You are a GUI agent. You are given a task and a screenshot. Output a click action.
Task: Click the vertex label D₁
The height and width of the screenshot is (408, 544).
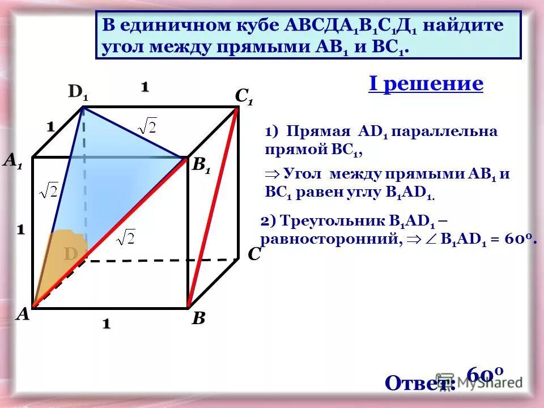(x=78, y=93)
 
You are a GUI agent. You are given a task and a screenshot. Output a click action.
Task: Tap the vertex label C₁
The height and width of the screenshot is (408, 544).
(x=244, y=97)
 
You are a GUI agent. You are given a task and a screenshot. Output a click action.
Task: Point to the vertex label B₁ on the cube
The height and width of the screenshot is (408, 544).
(x=201, y=165)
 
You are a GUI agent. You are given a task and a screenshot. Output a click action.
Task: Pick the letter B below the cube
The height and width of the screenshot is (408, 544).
(x=198, y=318)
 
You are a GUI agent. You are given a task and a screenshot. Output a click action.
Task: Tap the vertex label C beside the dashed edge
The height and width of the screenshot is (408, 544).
(x=254, y=254)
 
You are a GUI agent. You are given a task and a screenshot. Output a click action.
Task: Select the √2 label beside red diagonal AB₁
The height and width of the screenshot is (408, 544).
(x=126, y=237)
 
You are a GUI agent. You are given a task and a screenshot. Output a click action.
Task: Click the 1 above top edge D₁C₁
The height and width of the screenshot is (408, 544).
(x=144, y=87)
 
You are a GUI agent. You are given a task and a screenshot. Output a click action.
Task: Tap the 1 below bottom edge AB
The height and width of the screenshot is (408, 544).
(x=106, y=324)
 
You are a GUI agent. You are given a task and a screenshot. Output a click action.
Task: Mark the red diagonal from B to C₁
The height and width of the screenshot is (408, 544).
(x=212, y=207)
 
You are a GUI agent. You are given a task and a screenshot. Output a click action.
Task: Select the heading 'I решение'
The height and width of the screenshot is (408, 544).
(x=426, y=84)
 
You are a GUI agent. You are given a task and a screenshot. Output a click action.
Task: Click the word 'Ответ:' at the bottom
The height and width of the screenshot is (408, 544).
(x=419, y=383)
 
